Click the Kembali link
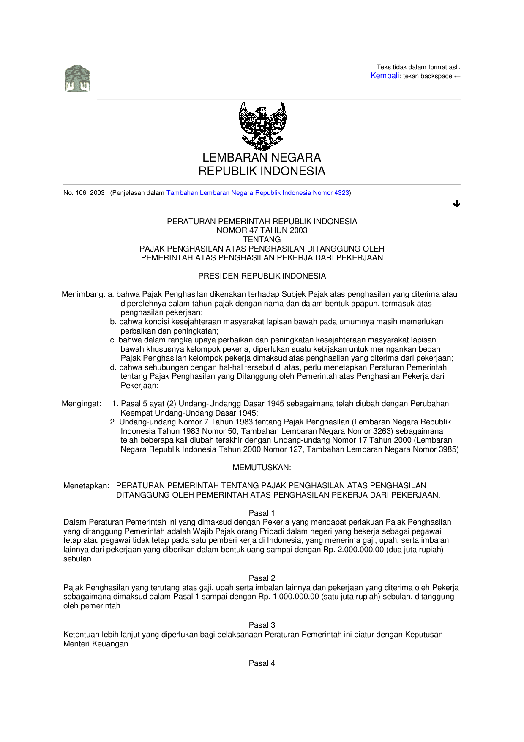point(385,76)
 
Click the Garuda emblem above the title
point(262,126)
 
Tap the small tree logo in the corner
point(77,79)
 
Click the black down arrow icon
point(456,204)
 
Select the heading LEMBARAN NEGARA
point(262,158)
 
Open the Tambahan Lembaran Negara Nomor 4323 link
point(258,193)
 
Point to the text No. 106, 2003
point(84,193)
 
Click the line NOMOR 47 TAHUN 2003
point(262,230)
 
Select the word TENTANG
point(262,240)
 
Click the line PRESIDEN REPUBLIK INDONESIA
point(262,276)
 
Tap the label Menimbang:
point(83,294)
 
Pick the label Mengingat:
point(82,404)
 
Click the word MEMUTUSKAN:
point(262,468)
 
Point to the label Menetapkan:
point(86,486)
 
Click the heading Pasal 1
point(262,513)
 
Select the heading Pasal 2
point(262,578)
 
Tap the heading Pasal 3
point(262,625)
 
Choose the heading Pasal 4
point(262,663)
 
